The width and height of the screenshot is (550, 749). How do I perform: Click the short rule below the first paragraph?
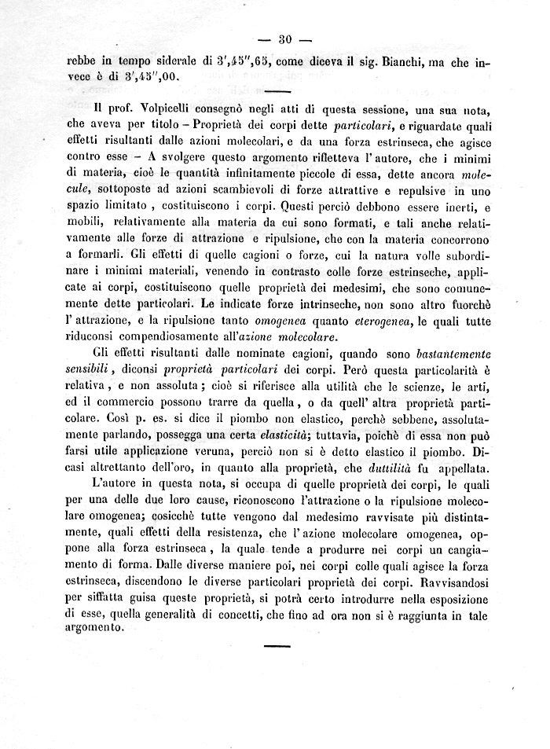pos(273,94)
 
